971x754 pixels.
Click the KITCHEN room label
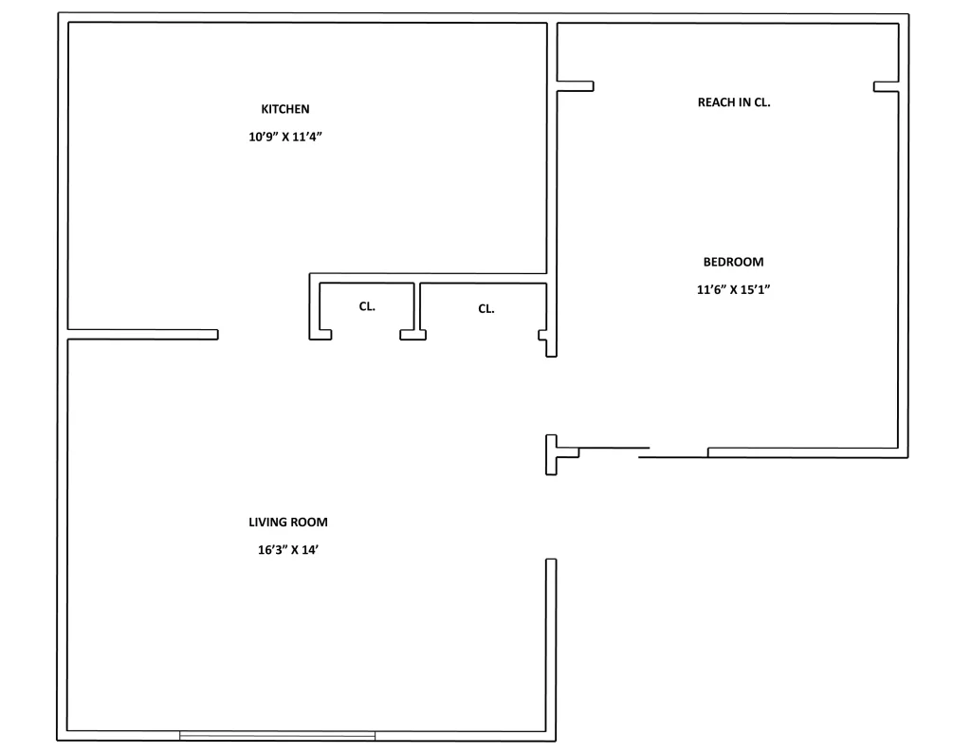[285, 109]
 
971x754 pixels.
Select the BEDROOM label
[733, 262]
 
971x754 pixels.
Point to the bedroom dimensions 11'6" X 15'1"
[733, 290]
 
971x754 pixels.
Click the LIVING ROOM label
[288, 522]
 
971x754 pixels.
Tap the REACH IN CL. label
[734, 102]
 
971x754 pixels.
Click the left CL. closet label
[367, 306]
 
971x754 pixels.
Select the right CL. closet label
[486, 308]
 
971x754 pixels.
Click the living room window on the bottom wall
[277, 735]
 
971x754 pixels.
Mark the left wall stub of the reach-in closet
[575, 86]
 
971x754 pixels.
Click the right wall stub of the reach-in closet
[886, 86]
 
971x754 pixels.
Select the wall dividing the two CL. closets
[417, 308]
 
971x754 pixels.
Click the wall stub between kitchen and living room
[142, 334]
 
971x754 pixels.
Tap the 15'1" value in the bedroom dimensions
[755, 290]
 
